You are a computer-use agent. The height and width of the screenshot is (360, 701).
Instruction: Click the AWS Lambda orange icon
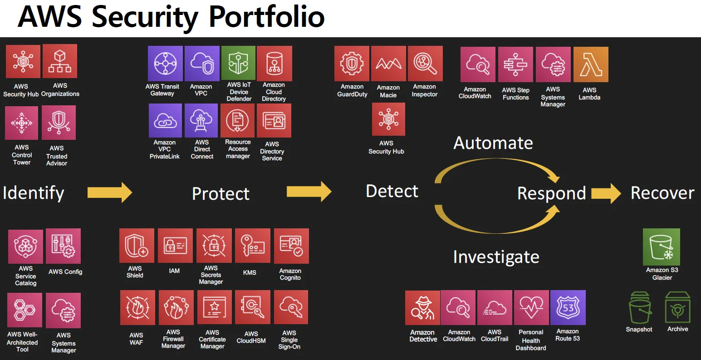pos(590,65)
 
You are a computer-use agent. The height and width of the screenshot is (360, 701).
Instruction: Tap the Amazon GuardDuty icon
pos(352,64)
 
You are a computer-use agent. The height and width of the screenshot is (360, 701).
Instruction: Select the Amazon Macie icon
pos(388,64)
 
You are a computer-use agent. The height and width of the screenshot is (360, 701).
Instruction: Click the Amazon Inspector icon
pos(425,64)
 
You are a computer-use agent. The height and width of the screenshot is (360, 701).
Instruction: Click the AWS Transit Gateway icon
pos(165,64)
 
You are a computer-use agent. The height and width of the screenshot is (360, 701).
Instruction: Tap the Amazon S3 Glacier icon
pos(662,247)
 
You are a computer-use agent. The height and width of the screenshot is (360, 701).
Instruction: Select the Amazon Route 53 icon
pos(568,308)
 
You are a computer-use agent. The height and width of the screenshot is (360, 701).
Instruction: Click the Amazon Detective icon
pos(422,308)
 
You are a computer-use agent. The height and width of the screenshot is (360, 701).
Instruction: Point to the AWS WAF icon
pos(137,308)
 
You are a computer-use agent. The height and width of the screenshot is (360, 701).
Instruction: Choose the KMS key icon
pos(252,246)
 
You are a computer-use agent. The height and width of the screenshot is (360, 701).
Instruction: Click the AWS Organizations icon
pos(60,61)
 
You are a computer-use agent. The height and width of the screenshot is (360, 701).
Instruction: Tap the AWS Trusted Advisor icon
pos(59,123)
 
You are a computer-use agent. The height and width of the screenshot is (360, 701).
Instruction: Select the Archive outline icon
pos(677,307)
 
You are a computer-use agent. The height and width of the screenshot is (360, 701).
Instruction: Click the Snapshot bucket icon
pos(640,308)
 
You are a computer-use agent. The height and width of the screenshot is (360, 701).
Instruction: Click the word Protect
pos(221,194)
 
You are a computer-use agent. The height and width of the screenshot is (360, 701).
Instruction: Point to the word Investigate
pos(496,257)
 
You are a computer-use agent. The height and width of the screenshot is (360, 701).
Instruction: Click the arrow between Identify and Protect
pos(109,192)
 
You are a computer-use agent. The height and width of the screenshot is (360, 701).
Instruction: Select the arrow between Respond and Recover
pos(606,193)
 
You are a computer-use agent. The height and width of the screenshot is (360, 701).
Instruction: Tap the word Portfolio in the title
pos(266,17)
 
